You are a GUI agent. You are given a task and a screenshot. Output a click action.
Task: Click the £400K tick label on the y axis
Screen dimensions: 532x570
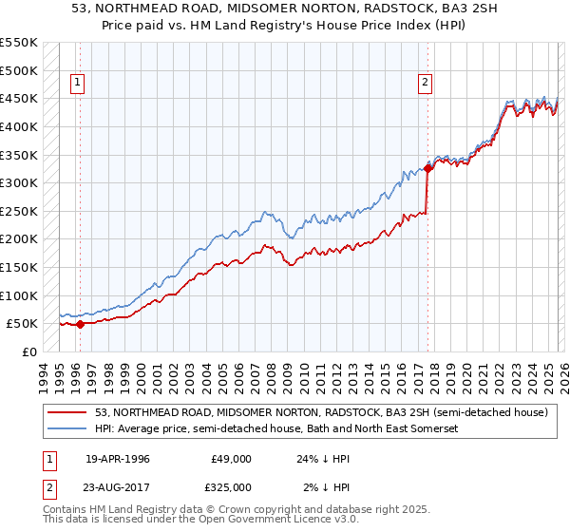click(19, 126)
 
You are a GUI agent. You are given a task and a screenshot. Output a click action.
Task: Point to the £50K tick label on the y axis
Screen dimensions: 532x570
click(22, 324)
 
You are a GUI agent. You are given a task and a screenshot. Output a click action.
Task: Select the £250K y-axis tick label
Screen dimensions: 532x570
click(19, 211)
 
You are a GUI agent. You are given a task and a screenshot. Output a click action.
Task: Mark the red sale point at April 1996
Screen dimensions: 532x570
click(80, 324)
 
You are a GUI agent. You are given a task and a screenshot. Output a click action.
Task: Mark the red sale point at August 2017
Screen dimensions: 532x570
click(427, 168)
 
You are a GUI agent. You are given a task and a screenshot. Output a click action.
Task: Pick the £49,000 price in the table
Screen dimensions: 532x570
click(231, 459)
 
